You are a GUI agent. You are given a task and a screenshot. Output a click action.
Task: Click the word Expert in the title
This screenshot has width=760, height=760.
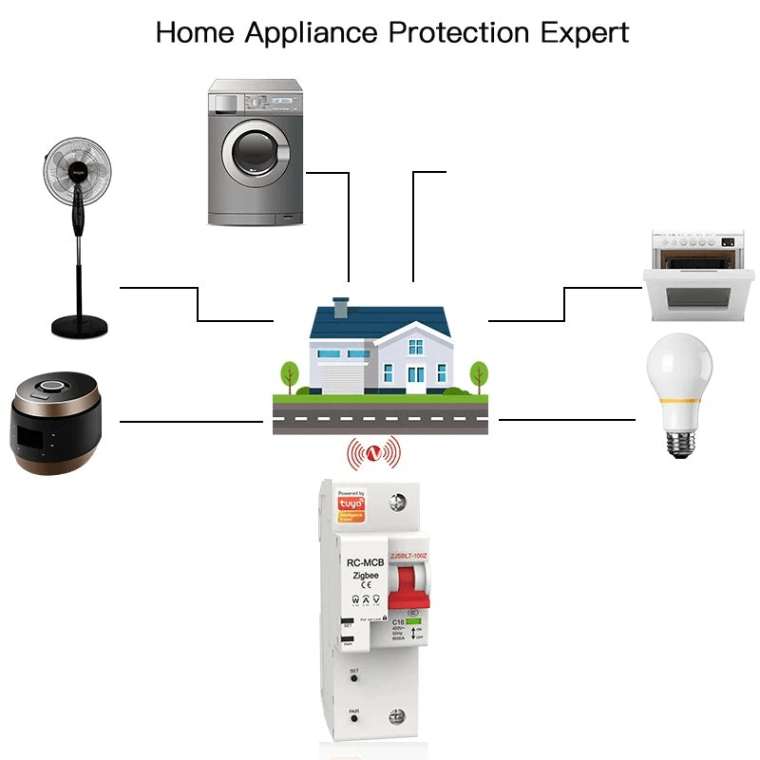coord(584,31)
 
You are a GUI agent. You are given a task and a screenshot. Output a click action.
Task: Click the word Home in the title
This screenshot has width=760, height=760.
coord(196,31)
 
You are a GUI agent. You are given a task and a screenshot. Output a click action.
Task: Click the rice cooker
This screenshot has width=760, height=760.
coord(55,423)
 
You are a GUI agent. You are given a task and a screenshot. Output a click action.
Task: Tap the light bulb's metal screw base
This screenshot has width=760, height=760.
coord(677,439)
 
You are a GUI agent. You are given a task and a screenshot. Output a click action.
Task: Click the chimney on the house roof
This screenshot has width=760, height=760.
coord(341,310)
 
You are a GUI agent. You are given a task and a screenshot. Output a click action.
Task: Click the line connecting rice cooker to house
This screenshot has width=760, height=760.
coord(190,420)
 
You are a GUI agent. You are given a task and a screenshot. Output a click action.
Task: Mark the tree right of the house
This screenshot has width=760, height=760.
coord(479,372)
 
